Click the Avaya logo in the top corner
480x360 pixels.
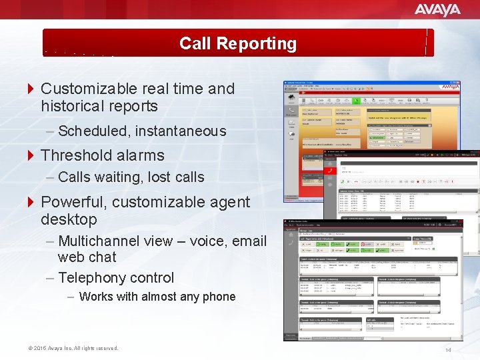437,9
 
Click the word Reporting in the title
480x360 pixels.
256,43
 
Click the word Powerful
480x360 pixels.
75,202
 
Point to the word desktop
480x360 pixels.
69,219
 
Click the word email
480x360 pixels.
247,241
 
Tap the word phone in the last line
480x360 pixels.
219,297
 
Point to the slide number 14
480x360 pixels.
448,350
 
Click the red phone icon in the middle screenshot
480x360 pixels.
331,170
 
